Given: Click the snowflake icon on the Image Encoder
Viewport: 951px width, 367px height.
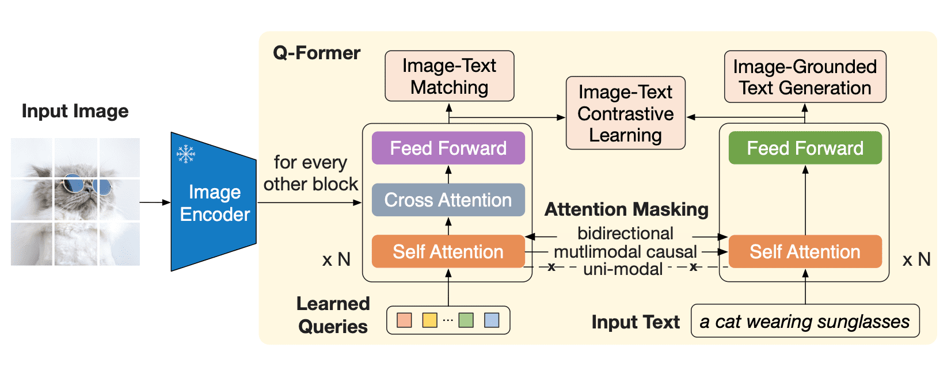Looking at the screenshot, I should coord(185,154).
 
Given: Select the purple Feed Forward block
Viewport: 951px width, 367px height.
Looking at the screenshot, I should coord(448,148).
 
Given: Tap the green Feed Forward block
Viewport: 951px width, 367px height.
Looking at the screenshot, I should coord(805,148).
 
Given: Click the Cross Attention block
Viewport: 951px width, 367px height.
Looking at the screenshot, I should coord(448,200).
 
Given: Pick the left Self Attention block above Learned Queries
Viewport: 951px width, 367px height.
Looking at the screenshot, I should coord(448,252).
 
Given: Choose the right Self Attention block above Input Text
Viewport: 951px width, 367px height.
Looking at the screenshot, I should coord(805,252).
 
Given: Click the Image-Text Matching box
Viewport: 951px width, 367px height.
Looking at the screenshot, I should coord(449,76).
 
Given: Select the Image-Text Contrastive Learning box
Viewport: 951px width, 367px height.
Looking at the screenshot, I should coord(626,113).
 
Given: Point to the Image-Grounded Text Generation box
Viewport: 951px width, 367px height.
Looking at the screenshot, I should coord(805,77).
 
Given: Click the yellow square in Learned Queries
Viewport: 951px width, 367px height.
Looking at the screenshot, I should coord(429,320).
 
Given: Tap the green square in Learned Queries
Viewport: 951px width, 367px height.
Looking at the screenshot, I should coord(466,320).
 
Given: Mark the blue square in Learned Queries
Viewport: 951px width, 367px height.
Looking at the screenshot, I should coord(492,320).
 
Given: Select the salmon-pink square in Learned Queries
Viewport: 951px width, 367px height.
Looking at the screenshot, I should coord(405,320).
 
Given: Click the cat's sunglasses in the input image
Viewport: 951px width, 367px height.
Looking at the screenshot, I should coord(86,185).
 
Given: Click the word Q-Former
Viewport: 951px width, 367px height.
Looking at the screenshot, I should coord(317,53).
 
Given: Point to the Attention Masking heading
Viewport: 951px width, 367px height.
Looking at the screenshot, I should coord(626,209).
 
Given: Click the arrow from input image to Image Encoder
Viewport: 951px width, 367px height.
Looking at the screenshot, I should coord(155,202).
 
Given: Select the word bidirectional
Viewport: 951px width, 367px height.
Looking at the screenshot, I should coord(625,234).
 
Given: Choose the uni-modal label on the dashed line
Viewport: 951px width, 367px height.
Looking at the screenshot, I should coord(623,269).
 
